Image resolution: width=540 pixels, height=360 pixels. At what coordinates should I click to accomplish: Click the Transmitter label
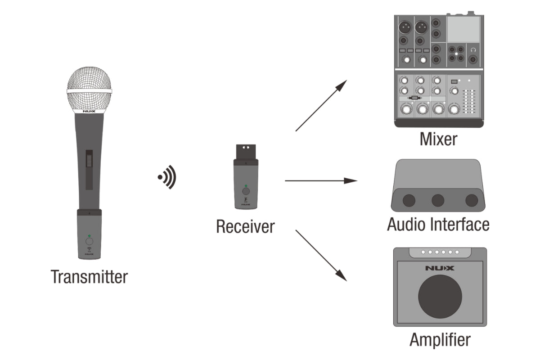[89, 276]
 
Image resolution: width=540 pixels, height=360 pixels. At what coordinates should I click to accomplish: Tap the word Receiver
[245, 226]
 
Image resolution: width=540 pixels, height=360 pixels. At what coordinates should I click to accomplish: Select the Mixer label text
[438, 139]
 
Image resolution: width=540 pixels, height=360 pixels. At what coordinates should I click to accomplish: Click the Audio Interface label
[438, 224]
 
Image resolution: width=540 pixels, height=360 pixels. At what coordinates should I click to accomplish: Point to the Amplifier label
[440, 339]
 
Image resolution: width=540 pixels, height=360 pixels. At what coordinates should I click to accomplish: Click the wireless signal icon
[167, 177]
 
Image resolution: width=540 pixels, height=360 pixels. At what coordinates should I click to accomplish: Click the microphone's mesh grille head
[89, 88]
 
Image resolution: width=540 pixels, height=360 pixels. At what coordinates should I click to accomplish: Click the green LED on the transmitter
[89, 236]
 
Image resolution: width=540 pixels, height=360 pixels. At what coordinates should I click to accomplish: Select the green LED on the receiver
[245, 185]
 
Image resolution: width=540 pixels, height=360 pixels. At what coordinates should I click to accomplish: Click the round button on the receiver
[245, 191]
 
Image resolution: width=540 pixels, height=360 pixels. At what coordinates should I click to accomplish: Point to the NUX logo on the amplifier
[440, 268]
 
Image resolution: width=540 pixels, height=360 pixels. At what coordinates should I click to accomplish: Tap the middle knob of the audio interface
[437, 200]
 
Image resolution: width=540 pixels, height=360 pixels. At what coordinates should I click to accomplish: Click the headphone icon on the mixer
[473, 49]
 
